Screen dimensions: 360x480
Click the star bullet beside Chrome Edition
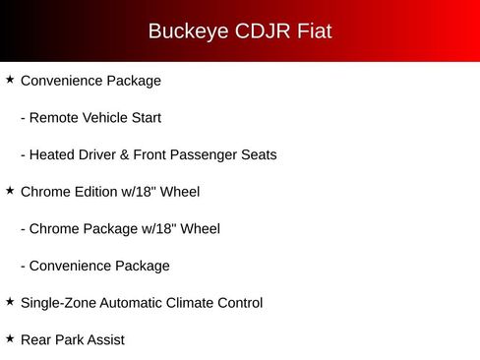[x=10, y=191]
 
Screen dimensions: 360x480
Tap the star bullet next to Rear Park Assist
[x=10, y=338]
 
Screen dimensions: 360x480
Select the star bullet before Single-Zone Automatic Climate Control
[x=10, y=302]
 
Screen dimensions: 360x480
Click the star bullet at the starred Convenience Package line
[x=10, y=80]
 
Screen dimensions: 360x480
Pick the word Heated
[x=54, y=155]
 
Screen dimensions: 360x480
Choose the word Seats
[x=259, y=155]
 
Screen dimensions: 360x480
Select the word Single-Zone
[x=58, y=303]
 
